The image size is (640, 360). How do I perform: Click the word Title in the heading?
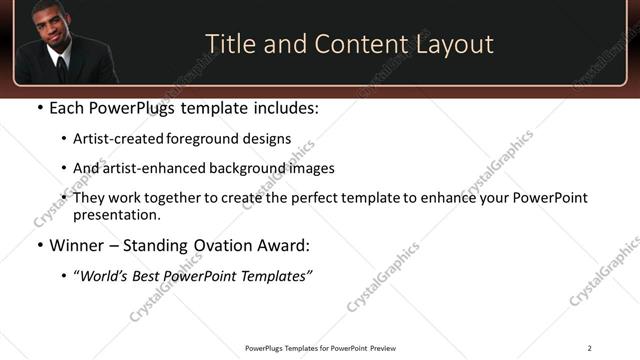(228, 44)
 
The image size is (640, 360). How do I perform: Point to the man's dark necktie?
(61, 68)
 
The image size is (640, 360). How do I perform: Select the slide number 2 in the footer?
(589, 348)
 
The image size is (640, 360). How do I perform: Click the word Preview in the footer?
(384, 348)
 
